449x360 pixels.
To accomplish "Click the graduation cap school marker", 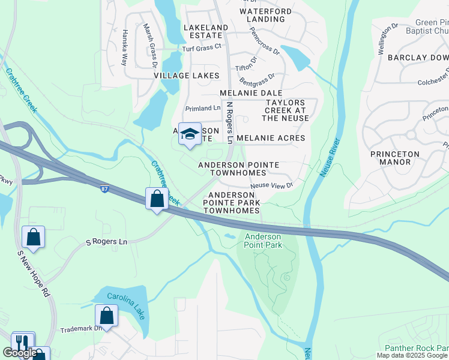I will [190, 134].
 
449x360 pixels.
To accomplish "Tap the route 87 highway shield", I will [105, 189].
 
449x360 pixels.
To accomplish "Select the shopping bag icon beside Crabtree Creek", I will [157, 199].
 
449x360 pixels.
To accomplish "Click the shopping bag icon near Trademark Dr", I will [106, 316].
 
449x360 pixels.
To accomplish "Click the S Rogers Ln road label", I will [107, 242].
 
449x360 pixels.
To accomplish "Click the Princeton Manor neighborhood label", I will [394, 158].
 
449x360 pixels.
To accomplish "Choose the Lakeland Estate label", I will [206, 32].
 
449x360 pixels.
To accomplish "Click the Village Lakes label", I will [186, 76].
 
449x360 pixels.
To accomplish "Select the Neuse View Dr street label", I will [271, 185].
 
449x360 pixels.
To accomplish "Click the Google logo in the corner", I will [20, 353].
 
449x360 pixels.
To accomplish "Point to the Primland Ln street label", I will [203, 108].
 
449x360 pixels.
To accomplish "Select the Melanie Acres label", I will [271, 138].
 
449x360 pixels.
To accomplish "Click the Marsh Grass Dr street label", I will [150, 46].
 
